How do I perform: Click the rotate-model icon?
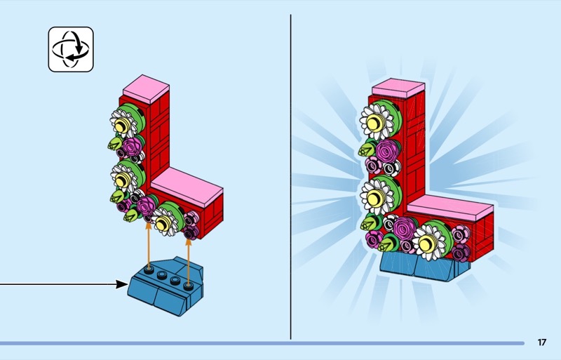[70, 49]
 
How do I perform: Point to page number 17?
[541, 342]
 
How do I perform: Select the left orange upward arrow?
[148, 242]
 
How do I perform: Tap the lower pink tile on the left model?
[186, 184]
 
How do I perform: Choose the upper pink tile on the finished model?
[398, 88]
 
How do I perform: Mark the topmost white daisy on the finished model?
[376, 122]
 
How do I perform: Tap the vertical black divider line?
[290, 175]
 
